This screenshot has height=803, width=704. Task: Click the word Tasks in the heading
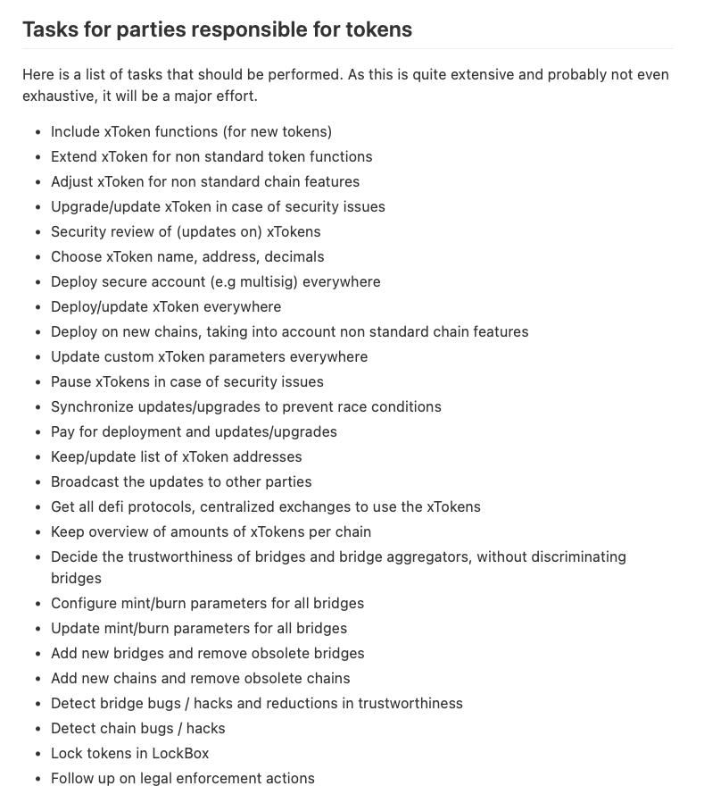pyautogui.click(x=51, y=29)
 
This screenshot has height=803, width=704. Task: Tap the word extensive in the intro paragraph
pyautogui.click(x=482, y=74)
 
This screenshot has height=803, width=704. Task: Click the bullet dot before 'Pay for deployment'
pyautogui.click(x=37, y=432)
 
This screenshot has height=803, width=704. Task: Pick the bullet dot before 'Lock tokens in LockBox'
pyautogui.click(x=37, y=754)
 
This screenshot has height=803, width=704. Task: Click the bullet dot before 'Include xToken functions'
pyautogui.click(x=37, y=132)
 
